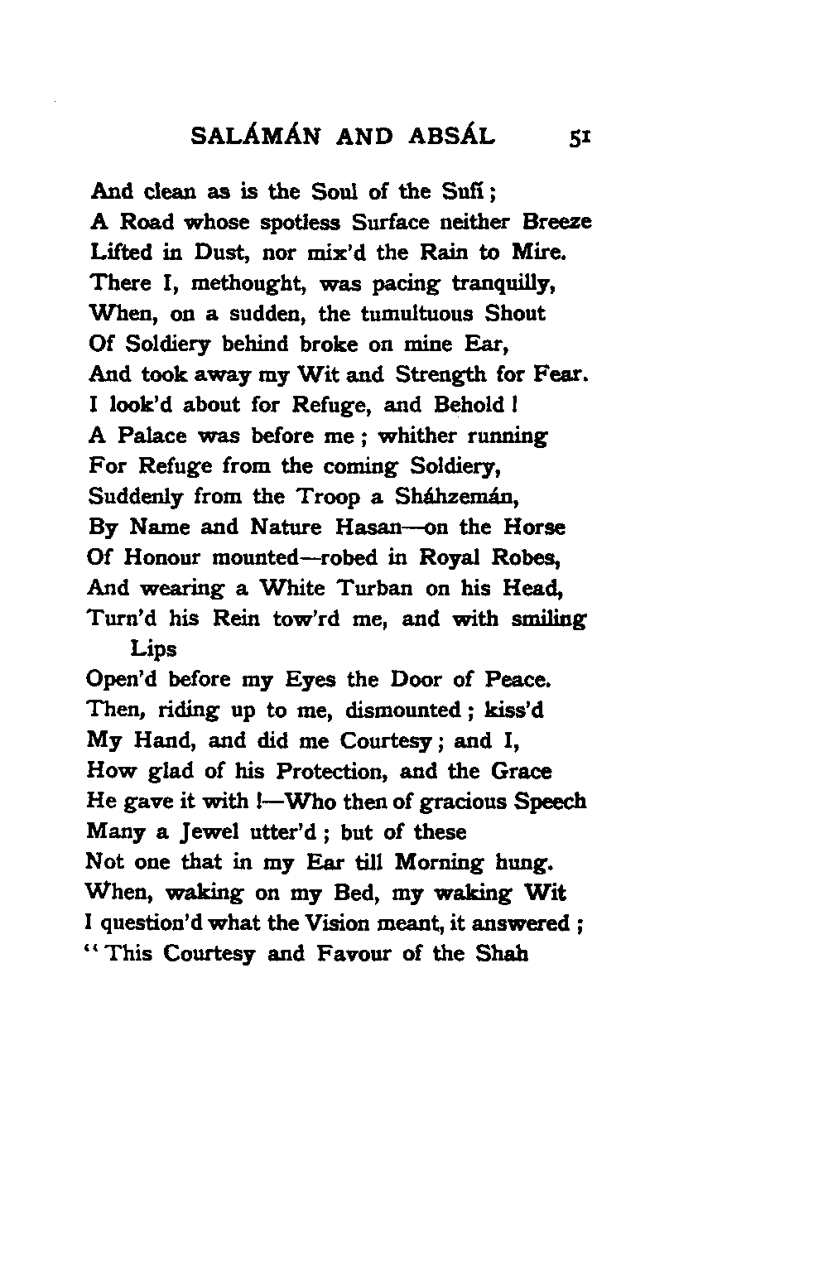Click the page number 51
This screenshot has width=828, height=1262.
[x=573, y=136]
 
